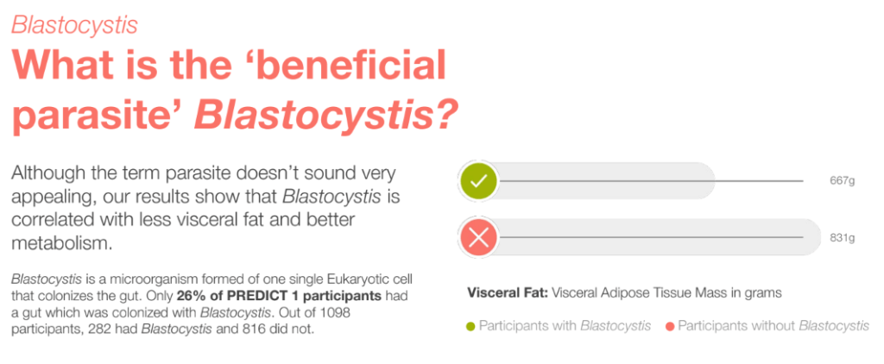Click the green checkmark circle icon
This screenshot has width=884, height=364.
pos(478,181)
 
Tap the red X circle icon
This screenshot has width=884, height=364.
pos(478,237)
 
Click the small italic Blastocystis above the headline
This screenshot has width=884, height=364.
pos(74,25)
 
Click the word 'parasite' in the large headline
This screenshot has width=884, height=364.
pos(96,116)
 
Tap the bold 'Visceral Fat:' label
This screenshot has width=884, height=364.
pos(508,293)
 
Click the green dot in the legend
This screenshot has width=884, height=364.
pos(471,326)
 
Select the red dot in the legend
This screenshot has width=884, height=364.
pos(671,326)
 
